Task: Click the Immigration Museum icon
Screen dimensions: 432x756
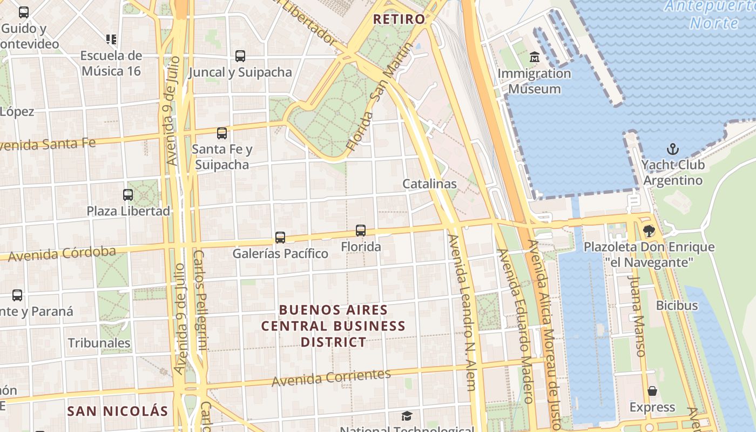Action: click(535, 57)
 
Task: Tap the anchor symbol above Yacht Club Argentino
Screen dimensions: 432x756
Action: click(673, 148)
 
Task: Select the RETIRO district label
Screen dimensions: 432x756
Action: click(400, 19)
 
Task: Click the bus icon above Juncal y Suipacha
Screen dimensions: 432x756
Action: click(240, 56)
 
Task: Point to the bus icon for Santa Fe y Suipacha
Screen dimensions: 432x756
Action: click(222, 133)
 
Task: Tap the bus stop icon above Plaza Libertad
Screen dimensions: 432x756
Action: click(128, 195)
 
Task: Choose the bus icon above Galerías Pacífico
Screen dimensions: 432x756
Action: click(280, 237)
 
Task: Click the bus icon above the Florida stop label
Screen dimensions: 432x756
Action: click(361, 231)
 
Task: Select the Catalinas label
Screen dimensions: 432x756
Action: click(430, 184)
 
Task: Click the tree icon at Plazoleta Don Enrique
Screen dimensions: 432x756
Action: click(649, 231)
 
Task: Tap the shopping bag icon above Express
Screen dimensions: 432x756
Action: click(652, 391)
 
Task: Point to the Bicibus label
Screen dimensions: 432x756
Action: click(677, 306)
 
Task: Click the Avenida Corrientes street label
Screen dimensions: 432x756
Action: click(331, 377)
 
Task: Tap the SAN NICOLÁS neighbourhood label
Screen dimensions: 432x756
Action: click(118, 411)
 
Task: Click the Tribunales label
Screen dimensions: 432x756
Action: click(99, 343)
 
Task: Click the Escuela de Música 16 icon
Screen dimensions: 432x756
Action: click(111, 39)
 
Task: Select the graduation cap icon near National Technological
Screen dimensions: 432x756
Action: click(407, 416)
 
